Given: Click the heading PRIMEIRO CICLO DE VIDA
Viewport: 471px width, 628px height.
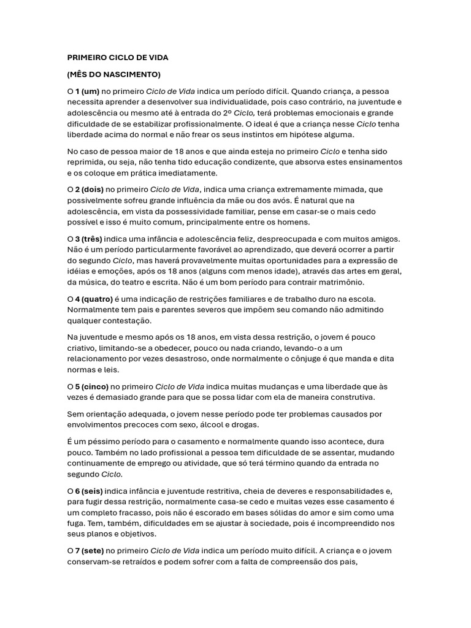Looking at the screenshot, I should pyautogui.click(x=118, y=58).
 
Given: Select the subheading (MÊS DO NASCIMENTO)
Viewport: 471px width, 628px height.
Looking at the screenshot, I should pyautogui.click(x=113, y=75).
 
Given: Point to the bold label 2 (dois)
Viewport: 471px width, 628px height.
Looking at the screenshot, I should pyautogui.click(x=90, y=190).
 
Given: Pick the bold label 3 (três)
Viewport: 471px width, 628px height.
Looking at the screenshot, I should pyautogui.click(x=89, y=239).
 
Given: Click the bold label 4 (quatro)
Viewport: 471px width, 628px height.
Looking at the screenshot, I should pyautogui.click(x=94, y=299).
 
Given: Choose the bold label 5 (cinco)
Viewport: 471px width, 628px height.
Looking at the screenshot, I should pyautogui.click(x=92, y=387).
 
